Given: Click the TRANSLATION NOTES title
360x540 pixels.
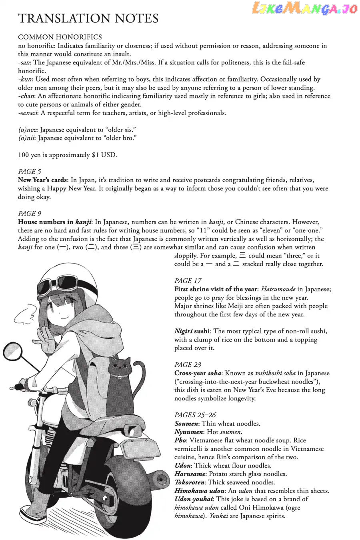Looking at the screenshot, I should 88,18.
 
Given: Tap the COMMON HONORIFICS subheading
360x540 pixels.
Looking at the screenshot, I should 60,37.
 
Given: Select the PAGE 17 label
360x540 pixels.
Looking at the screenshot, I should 188,281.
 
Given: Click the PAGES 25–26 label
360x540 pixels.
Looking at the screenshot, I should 195,415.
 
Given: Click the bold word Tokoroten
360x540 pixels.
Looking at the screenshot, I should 190,482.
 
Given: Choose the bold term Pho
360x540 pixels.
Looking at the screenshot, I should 180,440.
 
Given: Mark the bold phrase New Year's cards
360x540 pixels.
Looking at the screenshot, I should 42,180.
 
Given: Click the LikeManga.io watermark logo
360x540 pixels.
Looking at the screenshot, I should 304,9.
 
